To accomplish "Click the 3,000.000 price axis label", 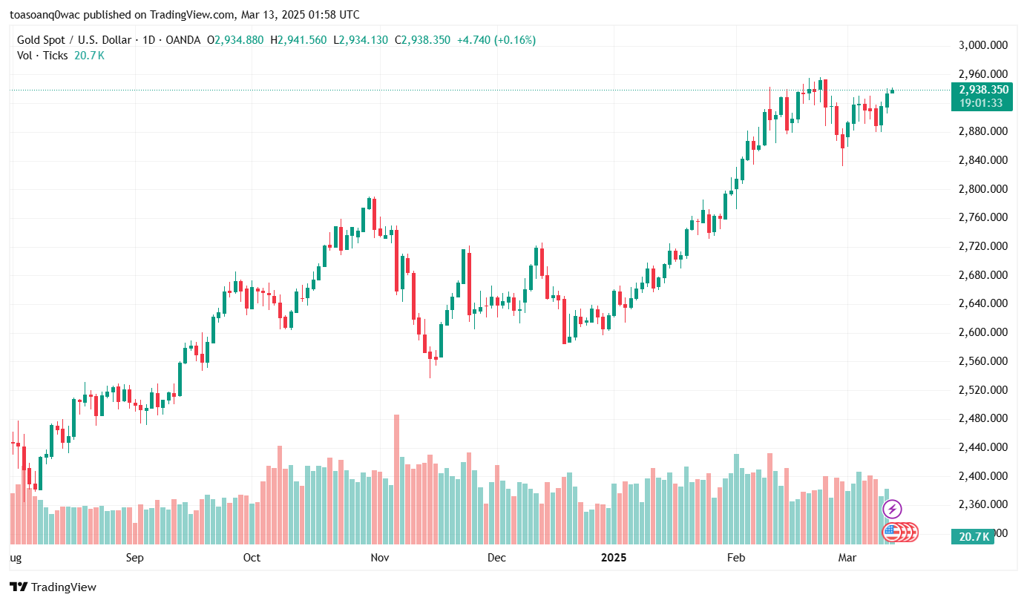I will point(983,45).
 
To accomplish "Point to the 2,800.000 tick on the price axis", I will point(983,189).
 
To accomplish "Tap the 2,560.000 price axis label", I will point(983,361).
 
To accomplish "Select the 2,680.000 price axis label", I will point(983,275).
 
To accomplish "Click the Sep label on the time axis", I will point(134,558).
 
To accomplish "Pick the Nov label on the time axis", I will point(380,558).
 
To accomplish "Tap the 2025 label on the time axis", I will point(614,558).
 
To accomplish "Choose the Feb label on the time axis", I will point(735,558).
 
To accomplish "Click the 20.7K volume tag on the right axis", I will point(974,536).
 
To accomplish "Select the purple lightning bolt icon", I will point(893,509).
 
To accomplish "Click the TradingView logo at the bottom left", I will point(53,587).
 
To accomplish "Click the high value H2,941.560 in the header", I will point(298,40).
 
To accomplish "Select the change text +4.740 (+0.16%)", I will point(496,40).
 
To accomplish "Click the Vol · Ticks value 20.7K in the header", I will point(89,56).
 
